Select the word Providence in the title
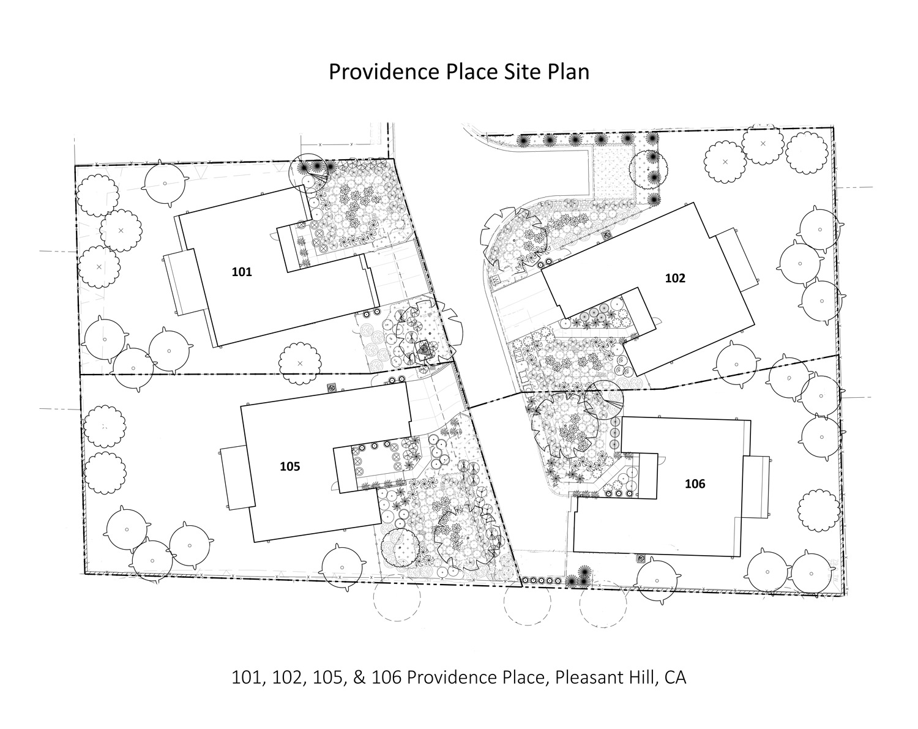(x=384, y=71)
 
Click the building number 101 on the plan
(x=242, y=272)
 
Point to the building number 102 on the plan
(x=675, y=279)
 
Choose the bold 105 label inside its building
(x=289, y=466)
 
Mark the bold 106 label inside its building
(x=695, y=484)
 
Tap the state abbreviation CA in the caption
(x=675, y=678)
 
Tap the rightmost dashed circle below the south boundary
(x=603, y=604)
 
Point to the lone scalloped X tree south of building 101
(x=300, y=364)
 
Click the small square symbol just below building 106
(x=640, y=558)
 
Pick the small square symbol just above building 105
(x=331, y=388)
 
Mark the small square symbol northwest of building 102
(x=606, y=235)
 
